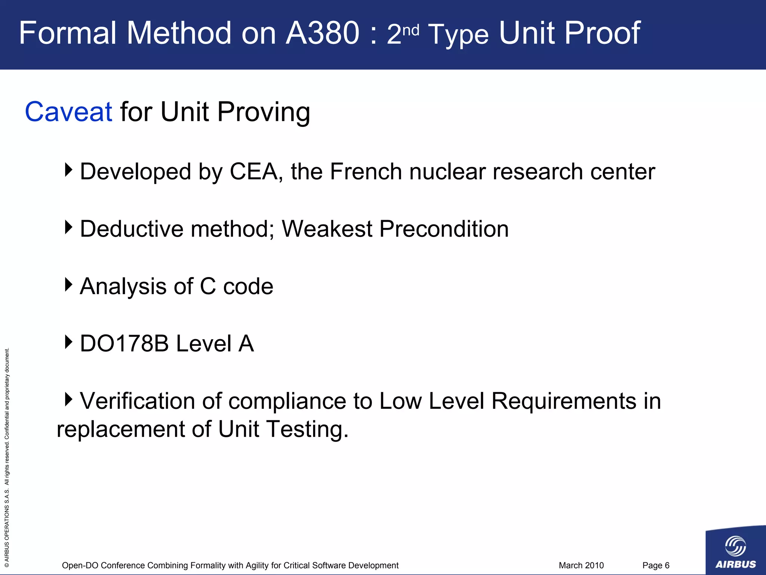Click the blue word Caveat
[x=68, y=112]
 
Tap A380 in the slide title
[x=322, y=33]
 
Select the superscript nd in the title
[x=411, y=30]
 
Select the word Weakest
[x=327, y=229]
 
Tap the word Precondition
[x=444, y=229]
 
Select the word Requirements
[x=563, y=401]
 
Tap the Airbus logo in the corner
[x=735, y=551]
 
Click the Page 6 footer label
[x=656, y=565]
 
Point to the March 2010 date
[x=581, y=565]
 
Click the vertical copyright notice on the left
[x=7, y=457]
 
